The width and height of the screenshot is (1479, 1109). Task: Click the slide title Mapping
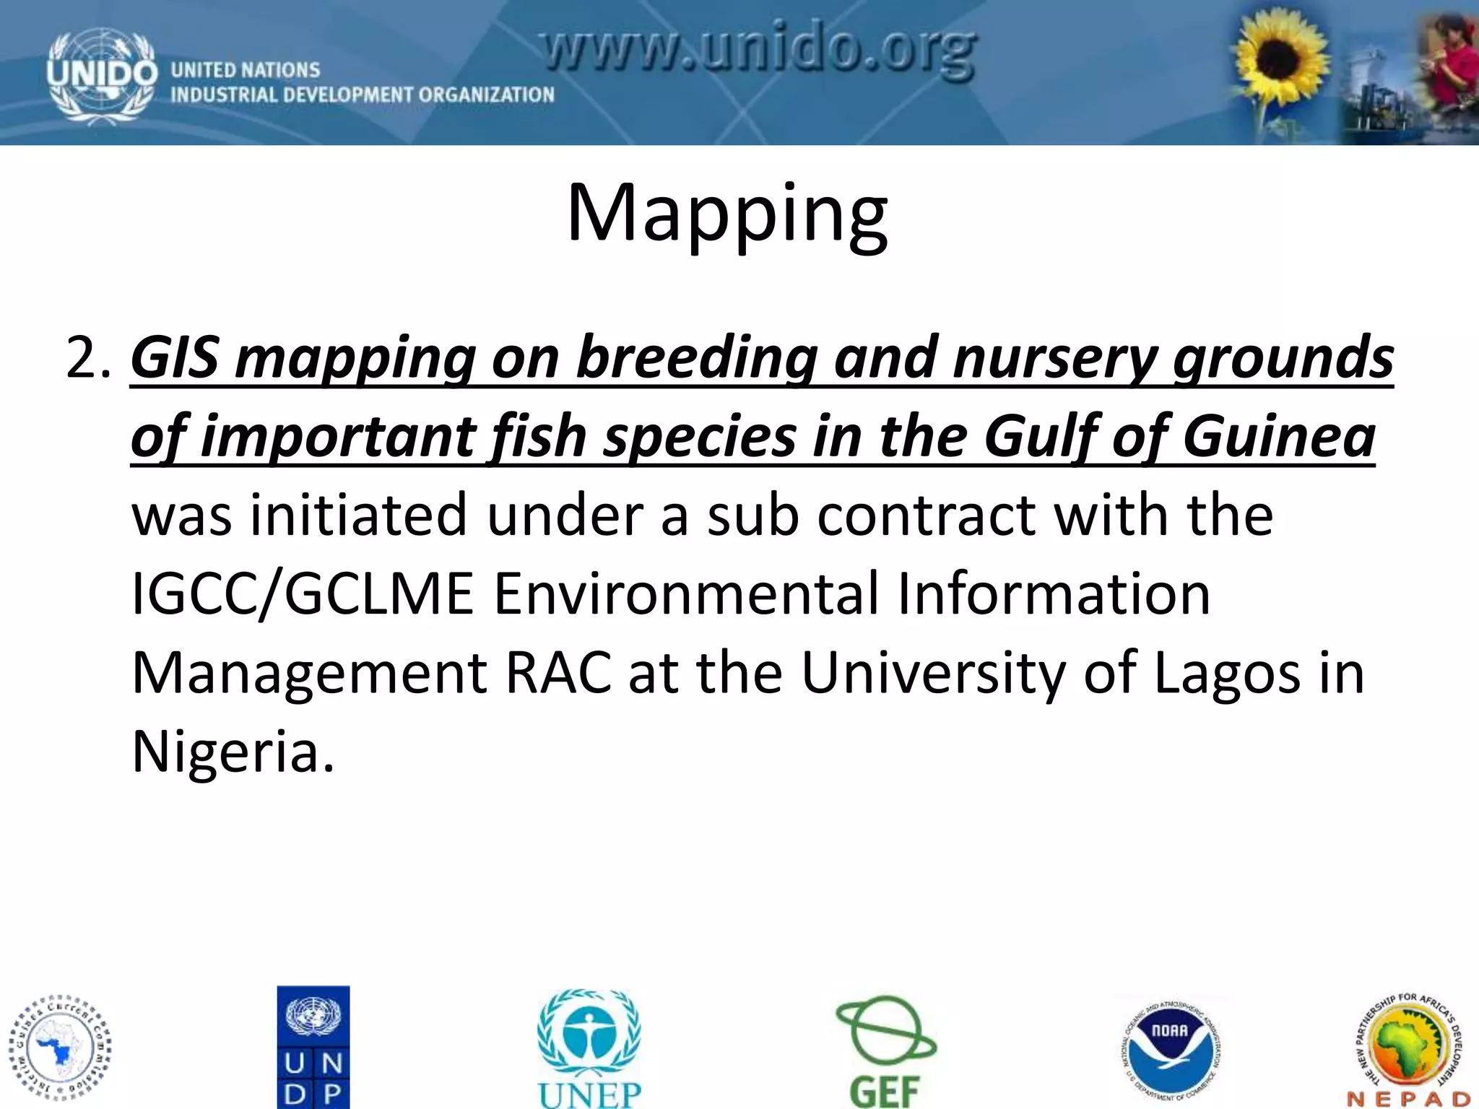pyautogui.click(x=727, y=214)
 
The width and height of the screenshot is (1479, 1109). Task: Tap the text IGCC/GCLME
pyautogui.click(x=302, y=594)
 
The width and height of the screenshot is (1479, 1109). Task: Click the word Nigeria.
pyautogui.click(x=233, y=752)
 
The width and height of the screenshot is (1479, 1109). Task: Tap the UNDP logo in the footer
pyautogui.click(x=313, y=1047)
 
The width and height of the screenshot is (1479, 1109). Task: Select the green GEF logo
pyautogui.click(x=885, y=1051)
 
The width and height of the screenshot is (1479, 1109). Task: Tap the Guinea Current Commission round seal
pyautogui.click(x=61, y=1047)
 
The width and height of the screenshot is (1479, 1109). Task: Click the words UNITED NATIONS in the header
pyautogui.click(x=245, y=70)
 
